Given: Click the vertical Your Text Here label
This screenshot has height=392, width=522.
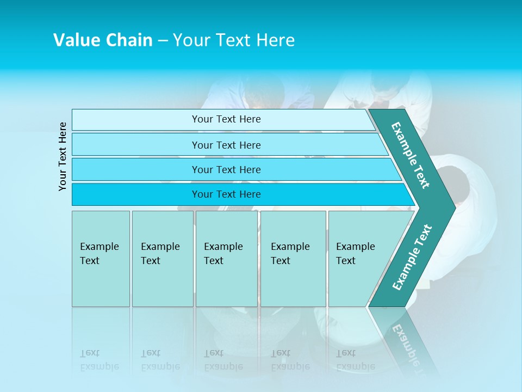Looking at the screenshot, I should pos(63,156).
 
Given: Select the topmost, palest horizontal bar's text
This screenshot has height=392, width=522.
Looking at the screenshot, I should pos(226,119).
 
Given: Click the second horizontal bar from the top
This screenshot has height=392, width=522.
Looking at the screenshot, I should pos(226,145).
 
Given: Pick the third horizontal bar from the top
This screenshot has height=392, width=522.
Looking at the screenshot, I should pos(226,169).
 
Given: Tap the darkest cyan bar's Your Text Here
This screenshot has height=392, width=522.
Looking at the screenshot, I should pos(226,194).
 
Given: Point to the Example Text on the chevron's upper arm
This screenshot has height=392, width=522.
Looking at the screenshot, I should pos(411,155).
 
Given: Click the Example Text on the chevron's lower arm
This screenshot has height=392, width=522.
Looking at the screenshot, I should pos(412,257).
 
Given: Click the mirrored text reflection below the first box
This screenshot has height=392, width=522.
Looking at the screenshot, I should pos(100,359).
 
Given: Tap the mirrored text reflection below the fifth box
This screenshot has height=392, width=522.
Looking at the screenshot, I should pos(356,359).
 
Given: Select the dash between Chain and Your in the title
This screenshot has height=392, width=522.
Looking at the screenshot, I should pos(163,41).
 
